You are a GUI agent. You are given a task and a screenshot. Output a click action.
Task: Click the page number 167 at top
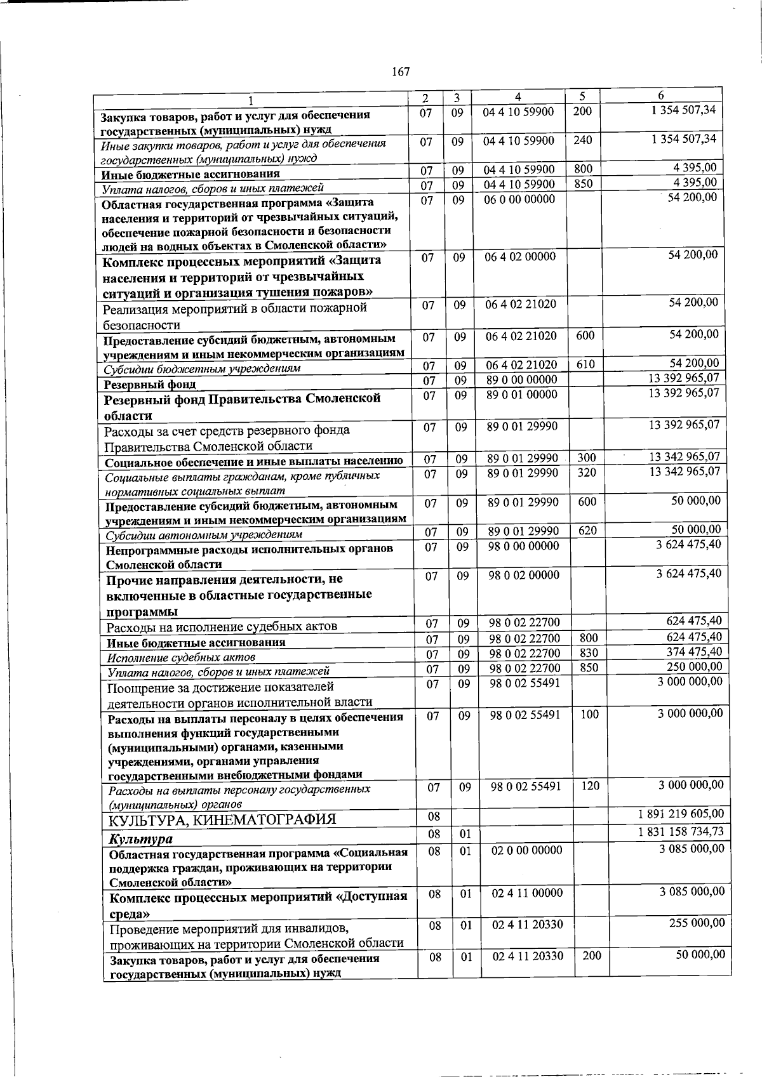coord(400,72)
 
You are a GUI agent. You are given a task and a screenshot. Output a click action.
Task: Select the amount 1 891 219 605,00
coord(681,814)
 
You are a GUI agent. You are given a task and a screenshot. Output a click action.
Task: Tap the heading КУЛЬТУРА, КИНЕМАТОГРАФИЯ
coord(221,819)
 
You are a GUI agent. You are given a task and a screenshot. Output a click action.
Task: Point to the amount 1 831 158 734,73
coord(681,831)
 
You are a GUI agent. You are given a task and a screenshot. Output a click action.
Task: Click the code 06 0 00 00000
coord(519,199)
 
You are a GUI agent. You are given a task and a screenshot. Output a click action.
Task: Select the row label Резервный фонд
coord(150,384)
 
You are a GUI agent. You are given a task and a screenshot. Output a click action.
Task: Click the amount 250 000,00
coord(694,666)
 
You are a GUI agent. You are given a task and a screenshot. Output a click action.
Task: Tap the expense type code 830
coord(589,653)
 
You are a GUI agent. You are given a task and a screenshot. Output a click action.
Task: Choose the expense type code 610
coord(585,364)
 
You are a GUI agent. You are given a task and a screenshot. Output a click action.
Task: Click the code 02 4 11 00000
coord(527,893)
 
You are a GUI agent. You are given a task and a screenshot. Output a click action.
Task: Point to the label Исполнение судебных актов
coord(181,657)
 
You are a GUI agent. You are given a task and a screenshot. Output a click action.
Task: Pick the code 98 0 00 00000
coord(524,546)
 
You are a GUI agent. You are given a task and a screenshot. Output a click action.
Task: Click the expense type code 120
coord(590,786)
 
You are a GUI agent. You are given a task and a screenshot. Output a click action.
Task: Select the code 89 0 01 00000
coord(521,395)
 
